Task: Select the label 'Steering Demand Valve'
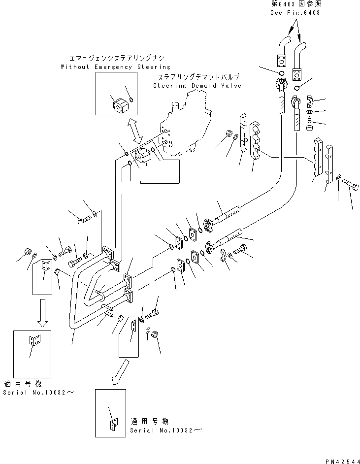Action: click(196, 86)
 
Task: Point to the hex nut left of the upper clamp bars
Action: click(229, 133)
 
